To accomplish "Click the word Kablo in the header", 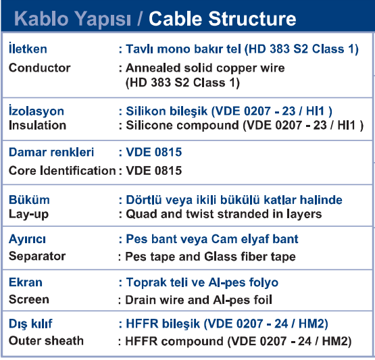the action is tap(41, 19).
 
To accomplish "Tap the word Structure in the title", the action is tap(252, 19).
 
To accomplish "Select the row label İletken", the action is tap(28, 48).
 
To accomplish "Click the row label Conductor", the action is tap(39, 68).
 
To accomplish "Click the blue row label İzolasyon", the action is tap(36, 111).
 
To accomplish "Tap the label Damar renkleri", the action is tap(51, 152).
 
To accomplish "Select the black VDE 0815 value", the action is tap(154, 170).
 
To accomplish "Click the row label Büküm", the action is tap(29, 200).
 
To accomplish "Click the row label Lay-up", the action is tap(28, 214).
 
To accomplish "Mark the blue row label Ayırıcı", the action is tap(27, 239).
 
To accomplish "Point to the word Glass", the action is tap(220, 257).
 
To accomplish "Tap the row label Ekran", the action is tap(26, 282).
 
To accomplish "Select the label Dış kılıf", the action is tap(30, 324).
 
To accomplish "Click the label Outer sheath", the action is tap(46, 340).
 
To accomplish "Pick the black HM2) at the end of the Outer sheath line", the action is tap(336, 341).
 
